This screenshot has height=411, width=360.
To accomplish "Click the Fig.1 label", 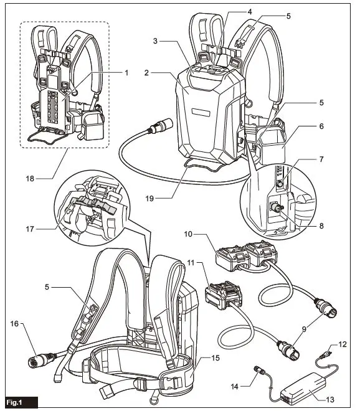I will [x=19, y=402].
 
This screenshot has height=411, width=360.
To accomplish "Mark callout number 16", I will [x=15, y=324].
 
